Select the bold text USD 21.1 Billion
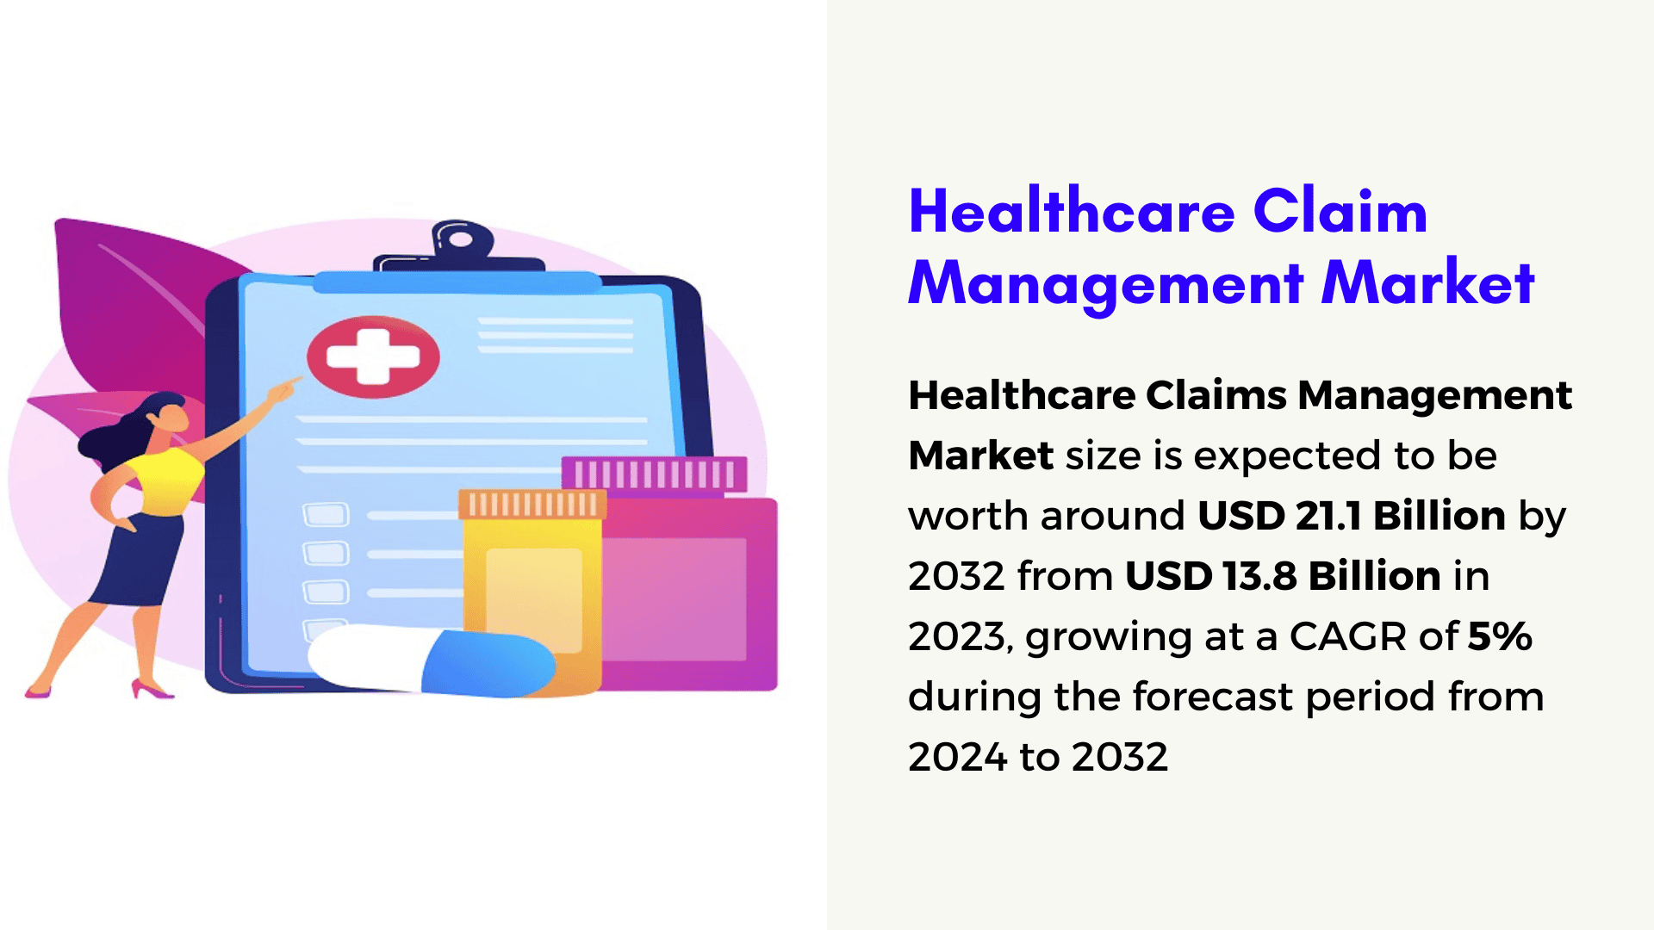click(1352, 516)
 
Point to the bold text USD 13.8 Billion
click(1283, 576)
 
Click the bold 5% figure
click(1500, 636)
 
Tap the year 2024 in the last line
click(958, 757)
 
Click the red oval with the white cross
click(373, 356)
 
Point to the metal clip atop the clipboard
click(460, 245)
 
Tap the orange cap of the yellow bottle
click(532, 504)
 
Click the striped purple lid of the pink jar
click(654, 474)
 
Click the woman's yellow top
click(165, 480)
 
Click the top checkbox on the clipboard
click(326, 515)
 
